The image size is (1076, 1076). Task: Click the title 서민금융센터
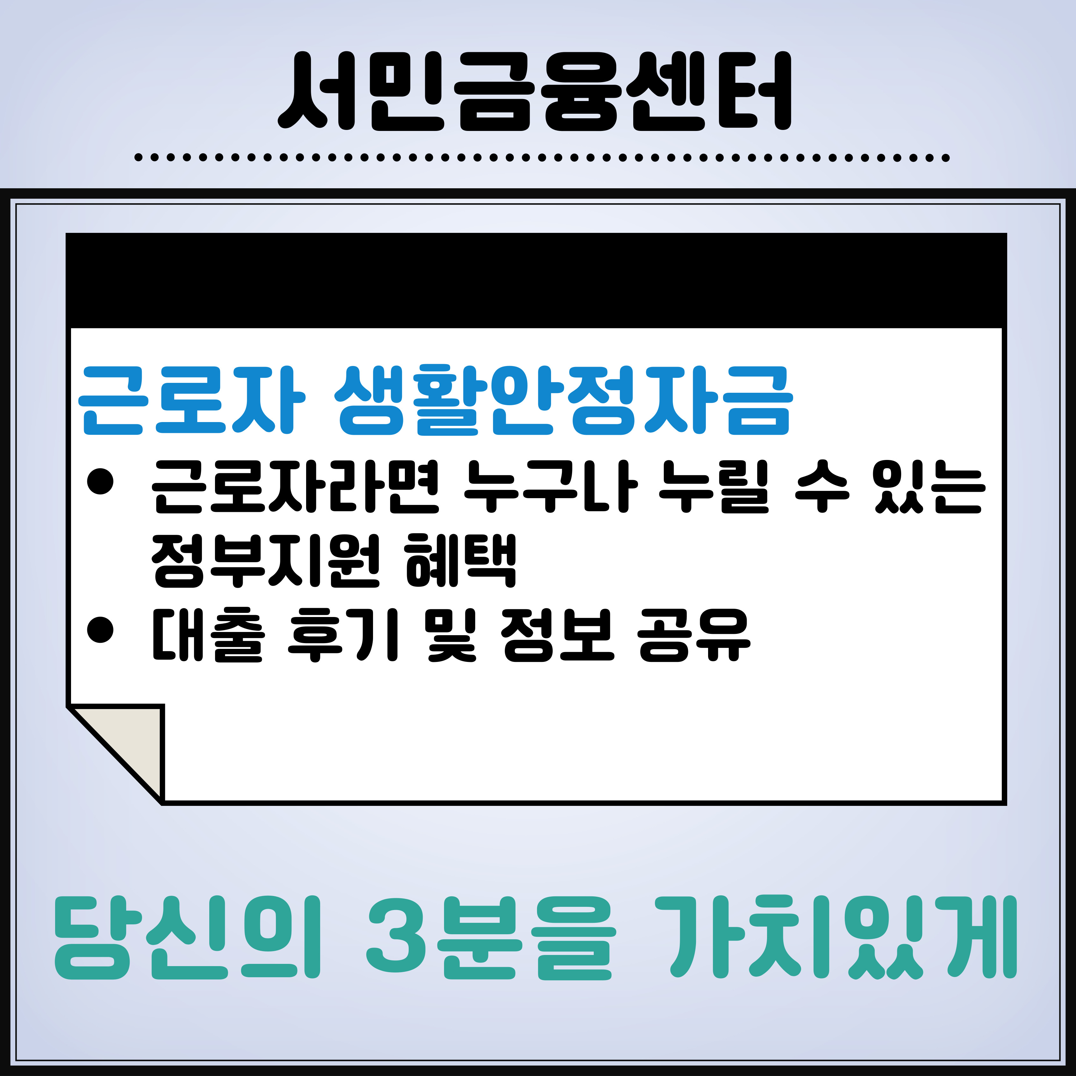point(535,92)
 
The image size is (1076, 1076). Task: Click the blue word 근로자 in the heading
point(191,400)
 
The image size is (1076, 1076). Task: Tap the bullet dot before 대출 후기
point(100,630)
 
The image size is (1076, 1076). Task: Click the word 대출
point(207,635)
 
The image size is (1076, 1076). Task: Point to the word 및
point(451,635)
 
